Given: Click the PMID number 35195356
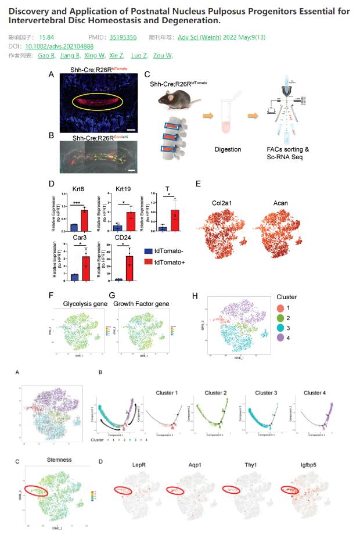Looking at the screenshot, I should (x=123, y=37).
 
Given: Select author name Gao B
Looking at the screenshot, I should (x=46, y=55).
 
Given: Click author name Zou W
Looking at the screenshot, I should (x=163, y=55).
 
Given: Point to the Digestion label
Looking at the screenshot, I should (x=227, y=149).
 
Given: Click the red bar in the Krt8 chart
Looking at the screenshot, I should (x=84, y=220).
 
